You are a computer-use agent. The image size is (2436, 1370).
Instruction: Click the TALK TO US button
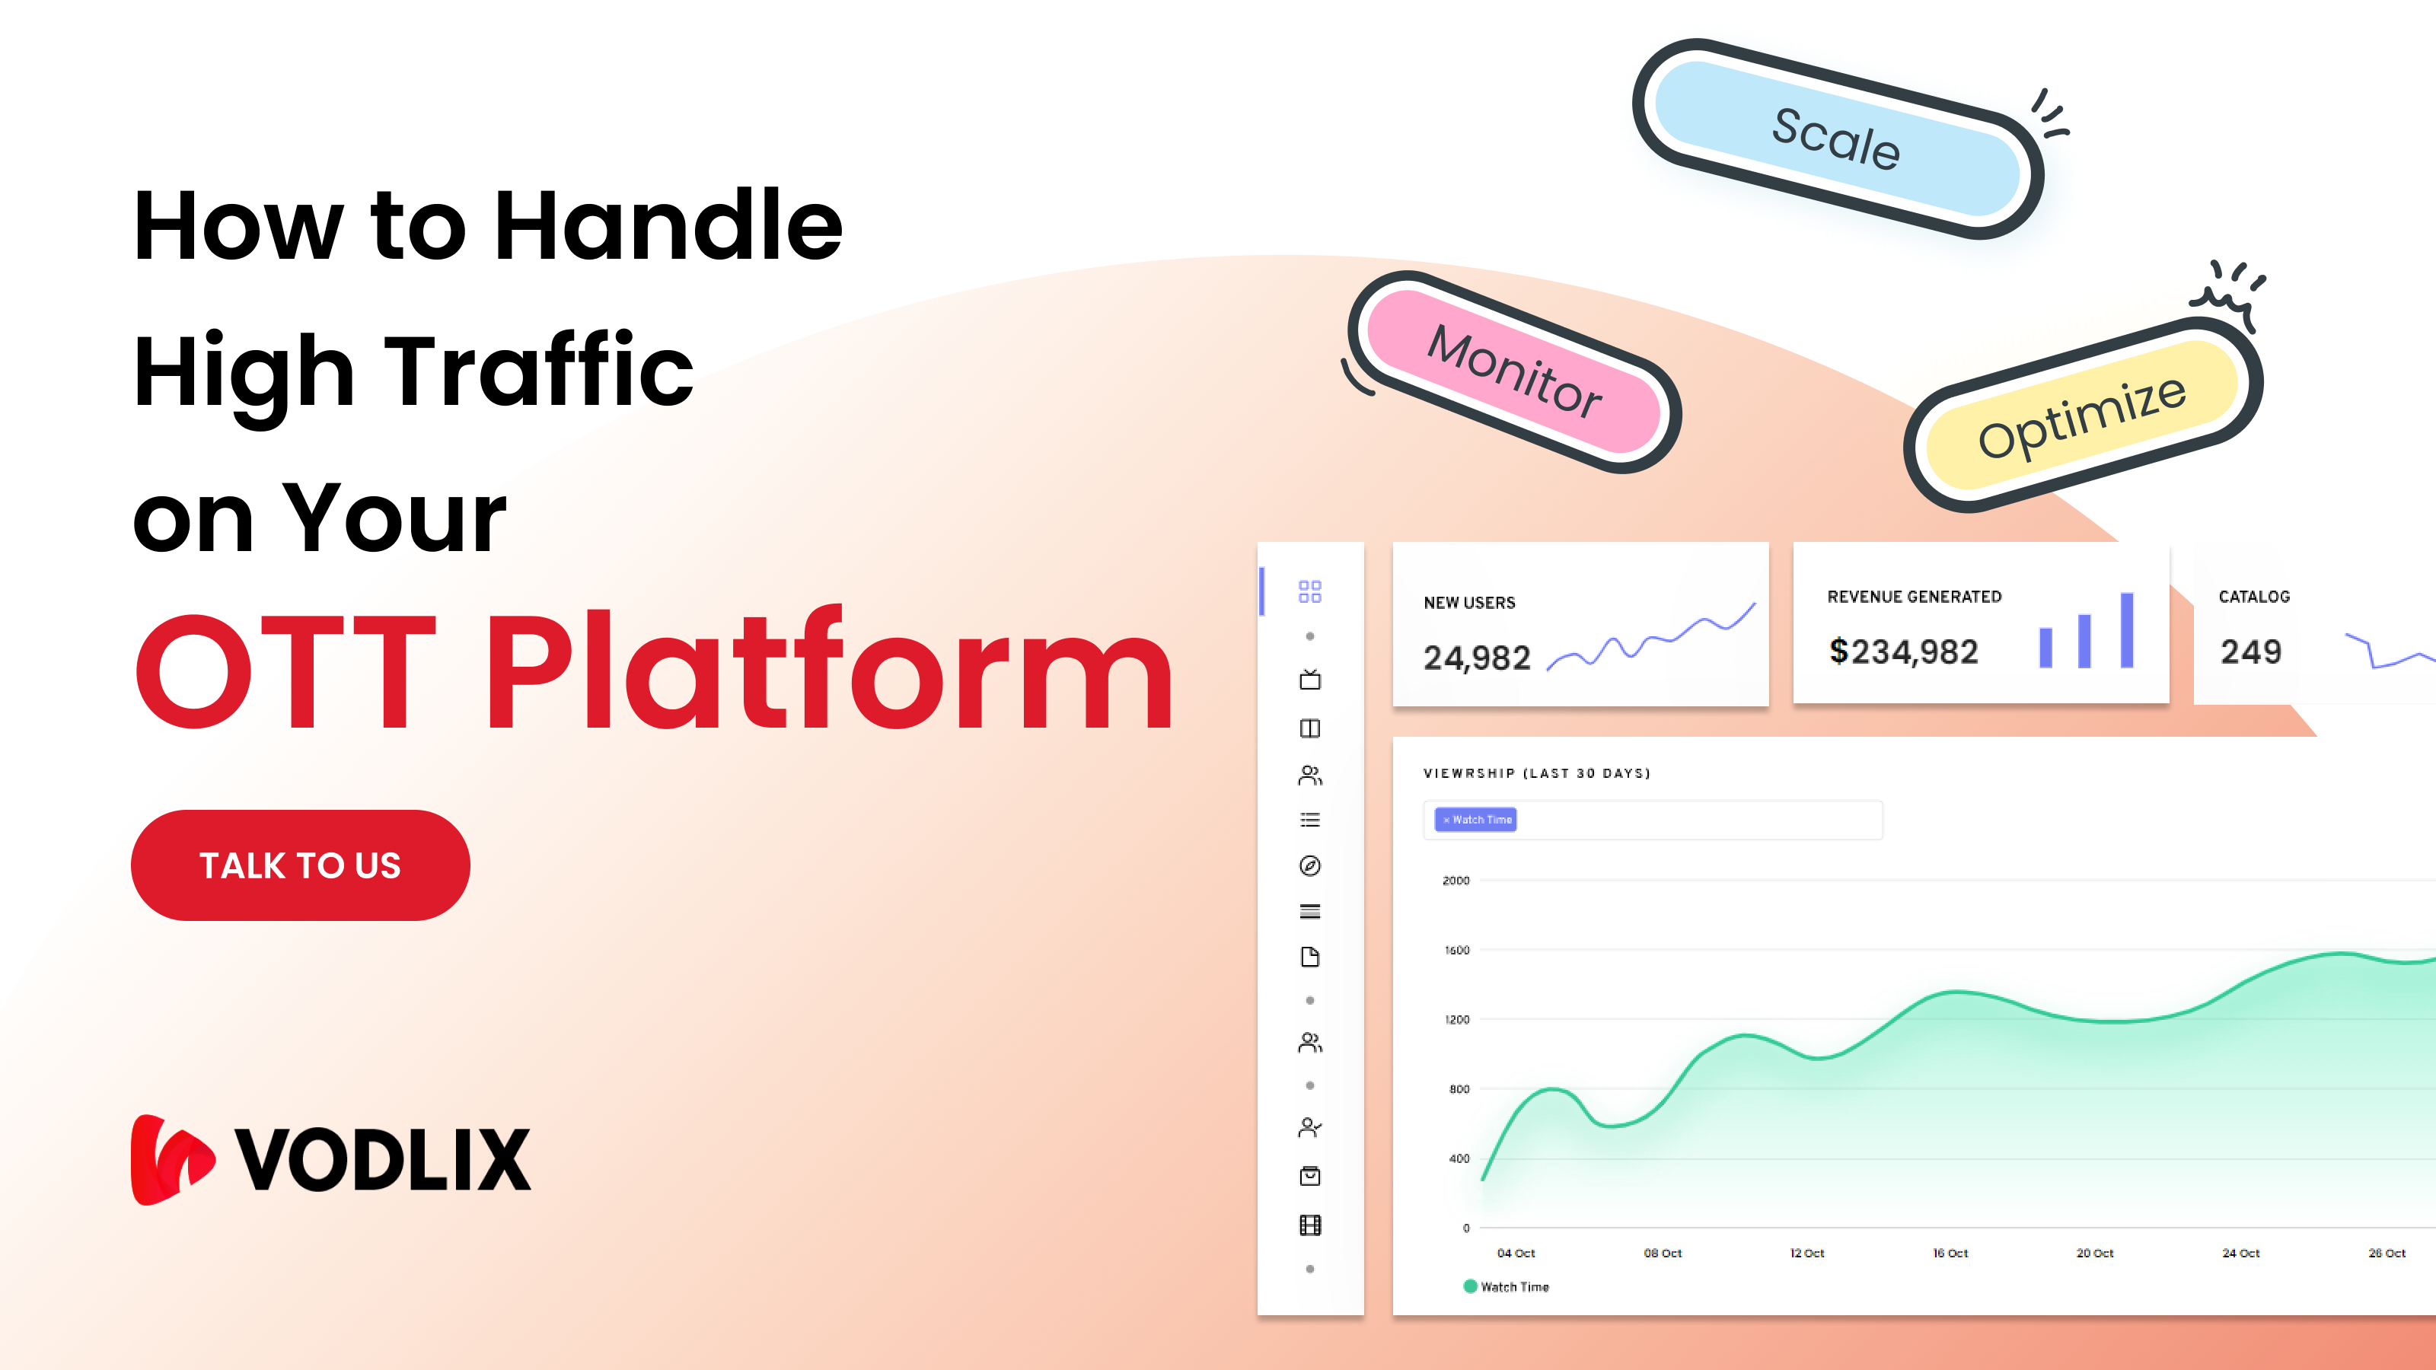[300, 865]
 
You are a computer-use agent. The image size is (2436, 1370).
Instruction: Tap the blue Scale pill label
[1835, 139]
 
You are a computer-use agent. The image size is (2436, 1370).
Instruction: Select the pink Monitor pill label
[1514, 371]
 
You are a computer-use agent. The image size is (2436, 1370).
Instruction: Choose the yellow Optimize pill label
[2081, 416]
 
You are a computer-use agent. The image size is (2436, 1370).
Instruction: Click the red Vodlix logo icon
[171, 1159]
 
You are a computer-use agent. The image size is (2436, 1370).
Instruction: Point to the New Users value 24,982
[1476, 657]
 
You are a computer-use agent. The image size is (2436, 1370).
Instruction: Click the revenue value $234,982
[1902, 652]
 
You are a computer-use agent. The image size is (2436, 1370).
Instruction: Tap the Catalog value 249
[2251, 652]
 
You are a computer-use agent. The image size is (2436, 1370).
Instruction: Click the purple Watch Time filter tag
[1476, 820]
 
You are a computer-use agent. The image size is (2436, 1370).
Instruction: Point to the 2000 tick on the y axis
[1456, 881]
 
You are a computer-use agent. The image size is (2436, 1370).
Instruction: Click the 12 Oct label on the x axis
[1806, 1253]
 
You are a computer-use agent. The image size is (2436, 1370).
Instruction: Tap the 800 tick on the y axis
[1459, 1089]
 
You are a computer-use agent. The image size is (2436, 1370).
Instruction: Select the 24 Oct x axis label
[2240, 1253]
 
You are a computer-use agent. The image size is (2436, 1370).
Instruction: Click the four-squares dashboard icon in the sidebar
[1309, 592]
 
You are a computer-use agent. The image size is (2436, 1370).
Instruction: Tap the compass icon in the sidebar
[1309, 865]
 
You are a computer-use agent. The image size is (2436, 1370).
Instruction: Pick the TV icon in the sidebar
[1309, 680]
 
